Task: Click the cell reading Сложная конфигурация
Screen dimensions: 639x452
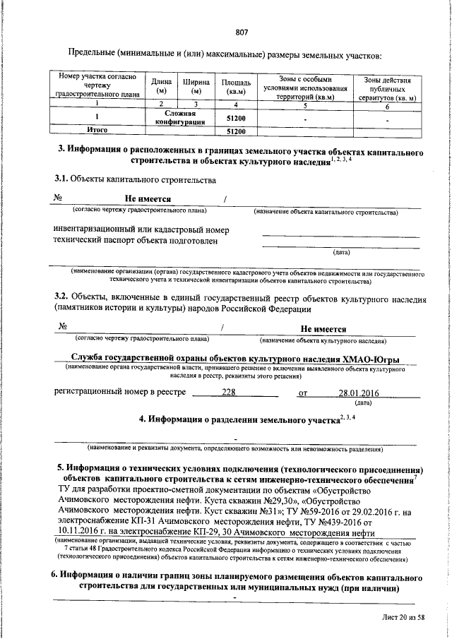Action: point(184,117)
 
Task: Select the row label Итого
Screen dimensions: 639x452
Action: point(96,131)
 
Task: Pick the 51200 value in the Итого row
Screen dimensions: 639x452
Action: point(235,131)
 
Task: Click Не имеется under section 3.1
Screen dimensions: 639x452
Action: point(148,198)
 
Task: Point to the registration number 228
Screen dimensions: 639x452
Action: point(229,393)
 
